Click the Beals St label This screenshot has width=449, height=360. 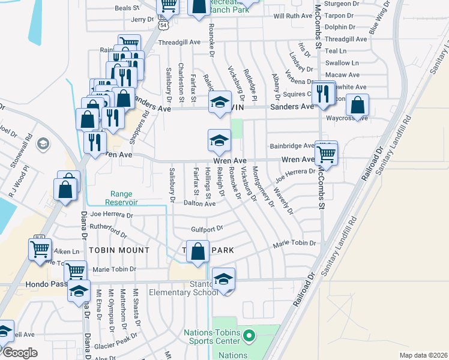[127, 8]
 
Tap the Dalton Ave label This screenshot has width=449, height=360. [199, 204]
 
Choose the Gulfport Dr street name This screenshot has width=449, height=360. [206, 229]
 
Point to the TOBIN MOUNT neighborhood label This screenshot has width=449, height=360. [119, 250]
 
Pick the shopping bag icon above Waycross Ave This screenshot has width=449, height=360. [358, 106]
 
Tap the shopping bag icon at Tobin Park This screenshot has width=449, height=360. [197, 251]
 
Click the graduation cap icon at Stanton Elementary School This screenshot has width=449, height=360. [223, 279]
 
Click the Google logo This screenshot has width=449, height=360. [20, 353]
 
